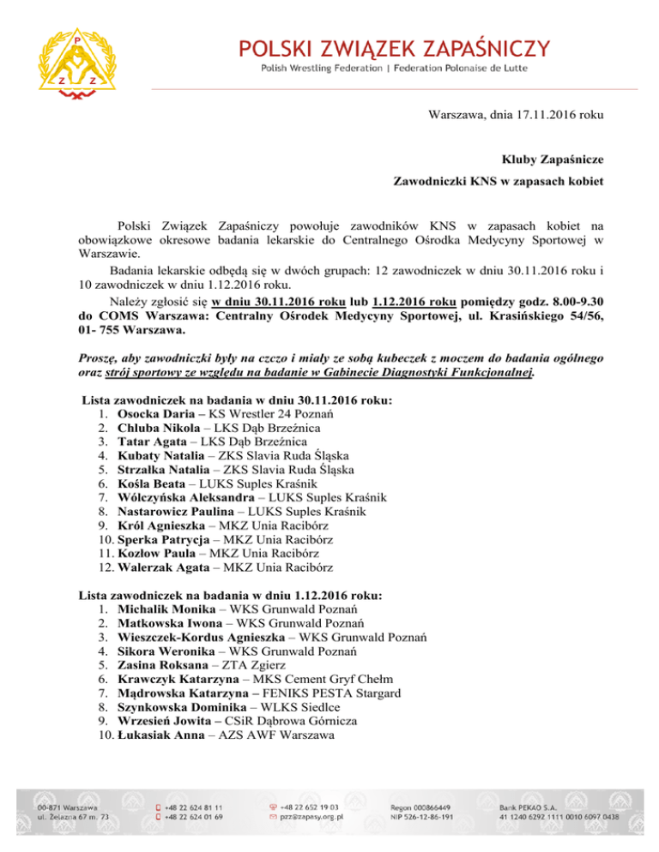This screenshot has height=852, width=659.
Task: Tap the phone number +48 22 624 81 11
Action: coord(195,807)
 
